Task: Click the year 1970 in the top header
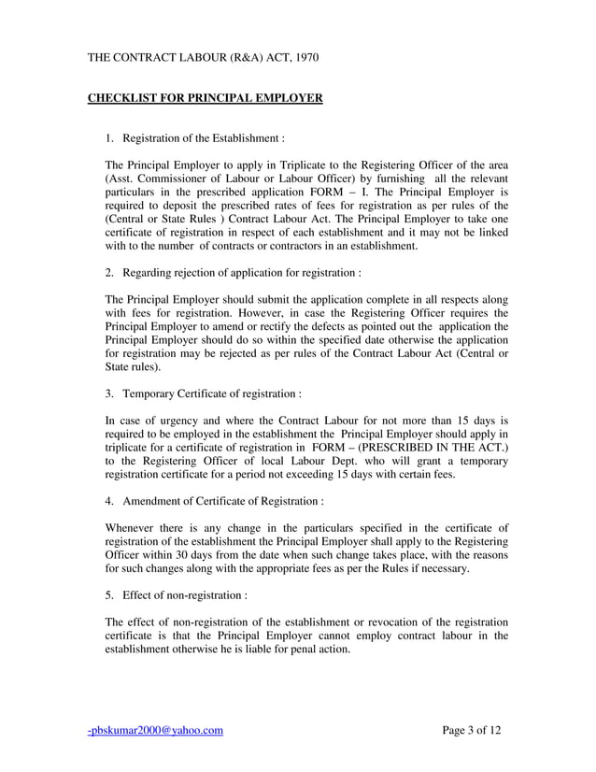[x=305, y=58]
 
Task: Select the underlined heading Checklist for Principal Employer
[x=205, y=97]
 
